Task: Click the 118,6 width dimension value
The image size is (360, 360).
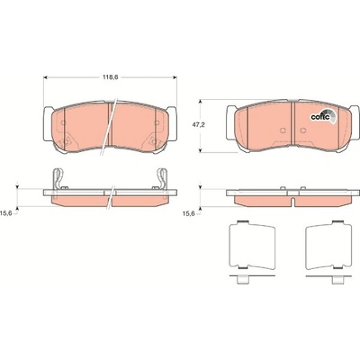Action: (x=111, y=77)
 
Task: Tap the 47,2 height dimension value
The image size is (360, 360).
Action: (x=199, y=125)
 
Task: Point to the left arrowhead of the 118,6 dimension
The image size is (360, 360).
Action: (x=46, y=77)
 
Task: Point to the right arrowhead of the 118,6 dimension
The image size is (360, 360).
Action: (x=175, y=77)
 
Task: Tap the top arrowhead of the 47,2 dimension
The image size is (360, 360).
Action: (x=200, y=102)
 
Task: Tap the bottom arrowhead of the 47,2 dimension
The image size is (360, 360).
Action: (x=200, y=150)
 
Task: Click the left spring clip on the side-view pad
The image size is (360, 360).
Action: (x=58, y=179)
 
